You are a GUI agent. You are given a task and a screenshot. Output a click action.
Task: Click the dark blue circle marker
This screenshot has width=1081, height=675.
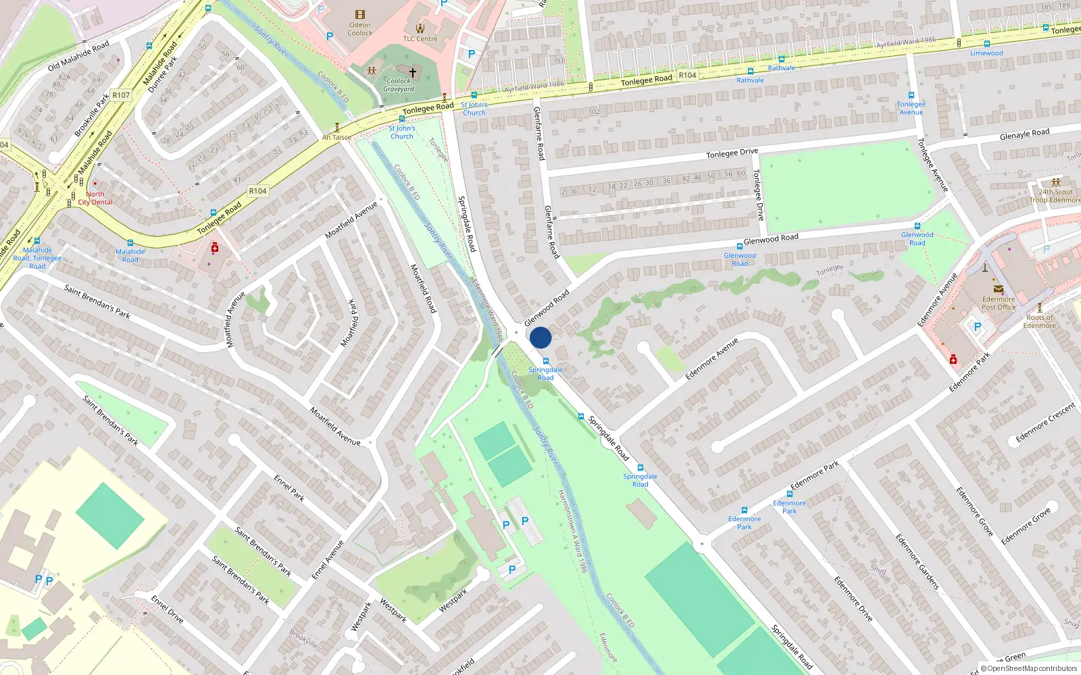pyautogui.click(x=540, y=337)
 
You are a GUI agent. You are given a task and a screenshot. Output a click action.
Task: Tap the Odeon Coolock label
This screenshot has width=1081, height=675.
pyautogui.click(x=360, y=28)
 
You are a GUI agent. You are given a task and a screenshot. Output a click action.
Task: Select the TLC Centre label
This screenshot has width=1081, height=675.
pyautogui.click(x=420, y=38)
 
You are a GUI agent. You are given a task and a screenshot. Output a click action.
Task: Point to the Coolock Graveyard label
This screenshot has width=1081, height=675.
pyautogui.click(x=399, y=85)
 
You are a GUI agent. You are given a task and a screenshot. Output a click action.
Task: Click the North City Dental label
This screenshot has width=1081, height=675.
pyautogui.click(x=95, y=198)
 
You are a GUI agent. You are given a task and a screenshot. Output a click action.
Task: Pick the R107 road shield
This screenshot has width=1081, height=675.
pyautogui.click(x=121, y=95)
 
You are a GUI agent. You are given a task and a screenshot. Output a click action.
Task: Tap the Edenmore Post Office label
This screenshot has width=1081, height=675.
pyautogui.click(x=999, y=303)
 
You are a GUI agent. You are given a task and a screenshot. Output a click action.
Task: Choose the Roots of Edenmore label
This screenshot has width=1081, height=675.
pyautogui.click(x=1039, y=321)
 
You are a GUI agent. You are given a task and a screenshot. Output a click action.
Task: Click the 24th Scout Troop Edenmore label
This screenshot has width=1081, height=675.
pyautogui.click(x=1055, y=196)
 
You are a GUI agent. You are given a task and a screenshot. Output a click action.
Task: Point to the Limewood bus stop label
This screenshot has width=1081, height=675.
pyautogui.click(x=986, y=53)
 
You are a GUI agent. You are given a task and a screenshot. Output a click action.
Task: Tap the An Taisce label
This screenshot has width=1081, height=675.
pyautogui.click(x=336, y=137)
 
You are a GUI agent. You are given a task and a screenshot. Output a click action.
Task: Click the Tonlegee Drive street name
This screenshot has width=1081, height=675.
pyautogui.click(x=732, y=153)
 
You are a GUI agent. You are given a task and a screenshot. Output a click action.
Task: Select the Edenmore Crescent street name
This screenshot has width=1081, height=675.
pyautogui.click(x=1045, y=423)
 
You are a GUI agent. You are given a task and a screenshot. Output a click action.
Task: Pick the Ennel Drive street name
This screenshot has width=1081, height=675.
pyautogui.click(x=167, y=609)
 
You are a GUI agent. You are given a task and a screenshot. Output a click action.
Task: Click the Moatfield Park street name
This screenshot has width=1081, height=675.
pyautogui.click(x=351, y=323)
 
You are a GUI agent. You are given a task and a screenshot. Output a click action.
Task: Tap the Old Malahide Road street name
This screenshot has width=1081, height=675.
pyautogui.click(x=78, y=56)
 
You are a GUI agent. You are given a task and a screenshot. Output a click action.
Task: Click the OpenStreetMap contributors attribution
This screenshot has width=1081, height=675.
pyautogui.click(x=1028, y=668)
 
